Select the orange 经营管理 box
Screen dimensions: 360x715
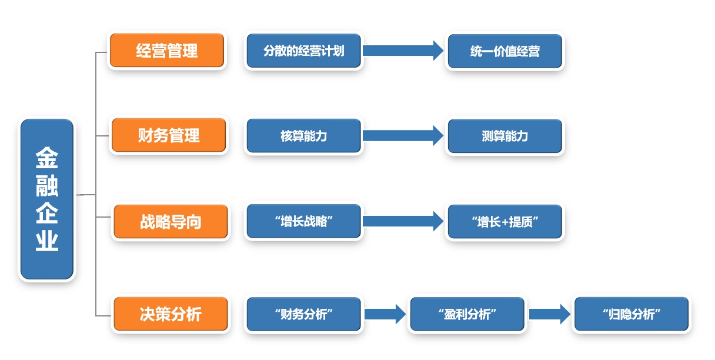pyautogui.click(x=167, y=51)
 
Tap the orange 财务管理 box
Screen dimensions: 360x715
pyautogui.click(x=169, y=136)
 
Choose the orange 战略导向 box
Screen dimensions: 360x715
pyautogui.click(x=171, y=222)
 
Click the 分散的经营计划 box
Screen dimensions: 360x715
pyautogui.click(x=303, y=51)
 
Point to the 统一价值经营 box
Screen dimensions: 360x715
pyautogui.click(x=504, y=51)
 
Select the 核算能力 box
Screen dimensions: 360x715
pyautogui.click(x=303, y=136)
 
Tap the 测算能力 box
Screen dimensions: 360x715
pyautogui.click(x=504, y=136)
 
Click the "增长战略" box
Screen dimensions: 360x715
pyautogui.click(x=303, y=222)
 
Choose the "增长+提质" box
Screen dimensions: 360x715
pyautogui.click(x=504, y=222)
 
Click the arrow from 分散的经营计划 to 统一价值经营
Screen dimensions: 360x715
pyautogui.click(x=403, y=51)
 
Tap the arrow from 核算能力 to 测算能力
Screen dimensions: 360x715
pyautogui.click(x=403, y=136)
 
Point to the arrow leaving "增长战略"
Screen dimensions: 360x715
pyautogui.click(x=403, y=222)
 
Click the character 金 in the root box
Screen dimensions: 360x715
pyautogui.click(x=47, y=157)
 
